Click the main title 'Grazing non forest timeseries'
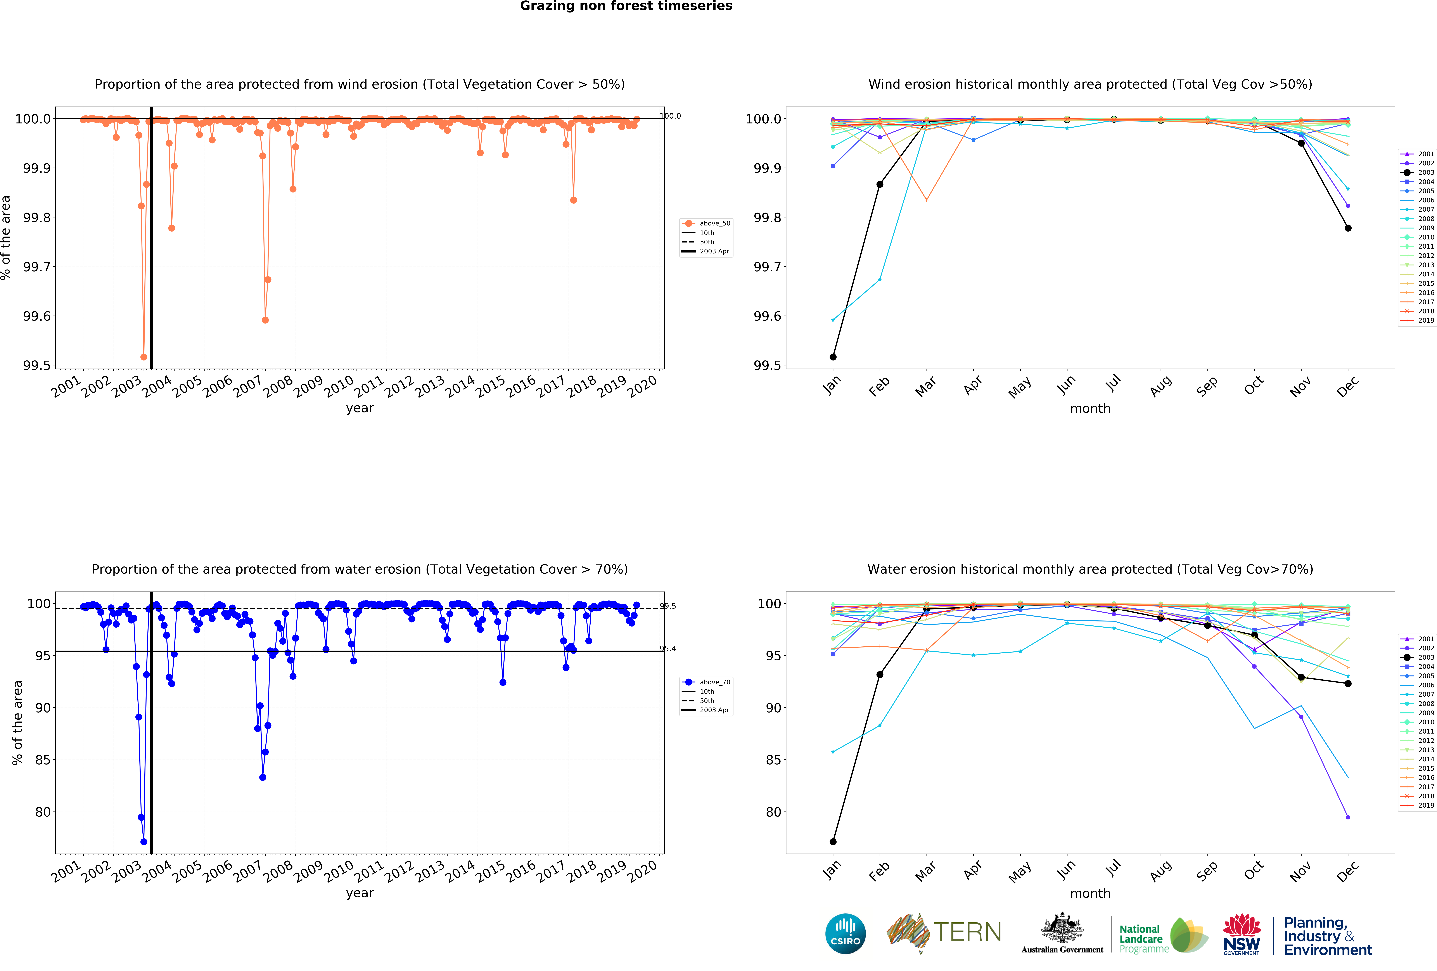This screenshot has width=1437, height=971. (x=626, y=6)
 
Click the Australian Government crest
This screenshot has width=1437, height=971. (x=1062, y=928)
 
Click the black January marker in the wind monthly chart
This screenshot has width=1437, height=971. (x=833, y=357)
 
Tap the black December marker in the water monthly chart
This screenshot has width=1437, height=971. (x=1348, y=683)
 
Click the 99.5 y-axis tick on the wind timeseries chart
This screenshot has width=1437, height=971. (x=36, y=365)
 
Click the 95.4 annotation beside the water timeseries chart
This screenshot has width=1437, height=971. (x=668, y=649)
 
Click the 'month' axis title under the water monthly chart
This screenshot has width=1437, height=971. (x=1090, y=893)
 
